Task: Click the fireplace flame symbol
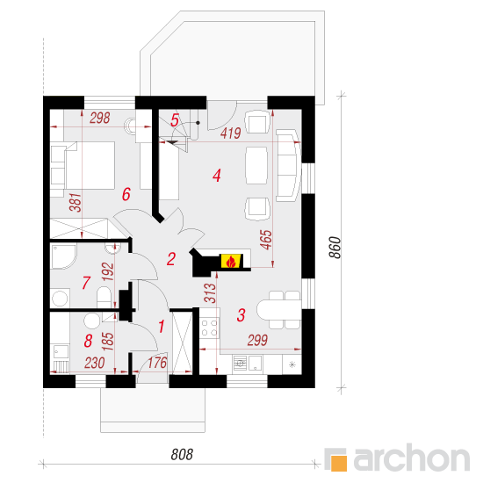231,262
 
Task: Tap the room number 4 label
217,176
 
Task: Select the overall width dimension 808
182,454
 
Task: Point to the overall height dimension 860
335,248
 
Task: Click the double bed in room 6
90,165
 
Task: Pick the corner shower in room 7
63,256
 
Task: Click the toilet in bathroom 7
105,297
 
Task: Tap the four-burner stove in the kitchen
210,328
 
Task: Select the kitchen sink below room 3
248,364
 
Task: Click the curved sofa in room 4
289,165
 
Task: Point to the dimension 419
231,133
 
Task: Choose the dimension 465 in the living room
266,240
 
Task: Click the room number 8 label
88,341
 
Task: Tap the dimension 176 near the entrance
157,363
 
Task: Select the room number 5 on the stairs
175,120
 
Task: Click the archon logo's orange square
339,463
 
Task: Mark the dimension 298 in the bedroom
100,118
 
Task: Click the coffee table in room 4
256,165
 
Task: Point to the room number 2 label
171,259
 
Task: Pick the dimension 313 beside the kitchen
210,293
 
